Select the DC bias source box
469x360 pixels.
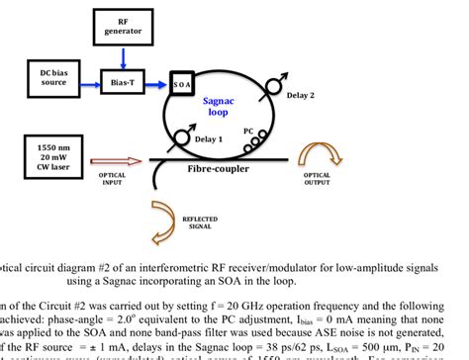coord(47,76)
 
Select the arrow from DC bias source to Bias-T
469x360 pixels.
coord(86,77)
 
